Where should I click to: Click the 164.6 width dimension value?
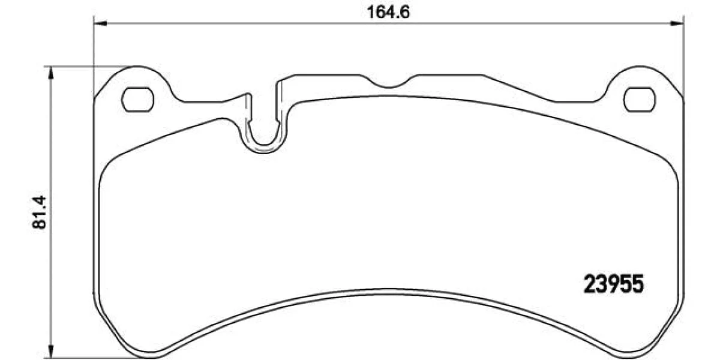pyautogui.click(x=388, y=13)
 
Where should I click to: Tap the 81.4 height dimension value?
pyautogui.click(x=39, y=212)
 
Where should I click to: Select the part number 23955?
pyautogui.click(x=614, y=284)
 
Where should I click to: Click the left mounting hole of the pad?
pyautogui.click(x=137, y=100)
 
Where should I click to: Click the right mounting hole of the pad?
pyautogui.click(x=639, y=100)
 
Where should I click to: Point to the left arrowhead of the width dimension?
pyautogui.click(x=100, y=23)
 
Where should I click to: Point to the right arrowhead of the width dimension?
pyautogui.click(x=677, y=23)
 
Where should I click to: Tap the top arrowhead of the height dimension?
pyautogui.click(x=50, y=73)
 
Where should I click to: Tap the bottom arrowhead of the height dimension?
pyautogui.click(x=50, y=351)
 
